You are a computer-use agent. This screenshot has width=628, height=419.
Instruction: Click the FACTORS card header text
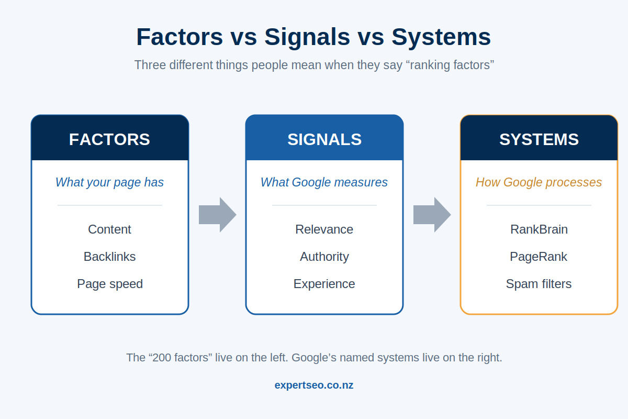click(109, 139)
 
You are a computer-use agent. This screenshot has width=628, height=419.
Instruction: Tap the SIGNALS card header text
click(324, 139)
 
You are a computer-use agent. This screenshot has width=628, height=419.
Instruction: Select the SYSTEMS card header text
click(539, 139)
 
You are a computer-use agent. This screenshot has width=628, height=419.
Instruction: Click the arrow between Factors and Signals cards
click(218, 215)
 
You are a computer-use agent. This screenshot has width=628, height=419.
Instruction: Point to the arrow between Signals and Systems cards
click(432, 215)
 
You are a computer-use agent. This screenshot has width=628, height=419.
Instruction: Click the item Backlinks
click(109, 257)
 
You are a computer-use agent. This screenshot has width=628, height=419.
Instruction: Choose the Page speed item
click(110, 284)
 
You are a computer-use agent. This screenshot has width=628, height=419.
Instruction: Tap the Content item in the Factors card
click(109, 229)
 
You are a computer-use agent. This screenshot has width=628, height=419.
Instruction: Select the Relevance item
click(324, 229)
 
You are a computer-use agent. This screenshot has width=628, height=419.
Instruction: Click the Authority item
click(324, 257)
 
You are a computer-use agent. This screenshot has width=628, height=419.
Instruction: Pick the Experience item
click(324, 284)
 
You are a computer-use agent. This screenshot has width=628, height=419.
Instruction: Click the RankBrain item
click(539, 229)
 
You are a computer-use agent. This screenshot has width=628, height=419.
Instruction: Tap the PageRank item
click(539, 257)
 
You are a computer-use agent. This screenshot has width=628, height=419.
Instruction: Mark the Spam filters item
click(539, 284)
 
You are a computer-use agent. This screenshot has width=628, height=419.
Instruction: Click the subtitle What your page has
click(109, 182)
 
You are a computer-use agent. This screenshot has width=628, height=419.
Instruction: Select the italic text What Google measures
click(324, 182)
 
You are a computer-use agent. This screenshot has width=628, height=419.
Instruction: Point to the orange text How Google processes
click(539, 182)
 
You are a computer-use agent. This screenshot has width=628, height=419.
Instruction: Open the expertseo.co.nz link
click(314, 385)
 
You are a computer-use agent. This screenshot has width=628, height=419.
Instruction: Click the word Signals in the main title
click(307, 37)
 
